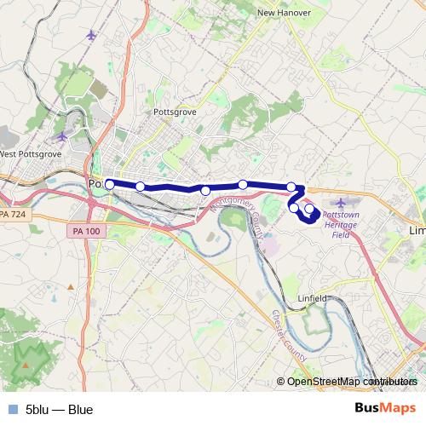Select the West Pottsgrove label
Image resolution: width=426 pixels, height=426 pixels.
click(x=31, y=154)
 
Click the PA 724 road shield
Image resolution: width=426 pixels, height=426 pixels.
click(x=14, y=216)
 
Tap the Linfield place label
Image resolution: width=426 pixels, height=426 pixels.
click(x=312, y=298)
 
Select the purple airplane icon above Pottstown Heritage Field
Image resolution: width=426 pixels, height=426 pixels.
click(x=343, y=202)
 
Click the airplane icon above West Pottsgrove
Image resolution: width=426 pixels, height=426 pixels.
click(x=60, y=136)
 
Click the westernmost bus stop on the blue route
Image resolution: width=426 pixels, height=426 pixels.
click(x=110, y=183)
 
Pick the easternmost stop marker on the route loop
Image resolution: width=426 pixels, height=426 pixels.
click(x=309, y=208)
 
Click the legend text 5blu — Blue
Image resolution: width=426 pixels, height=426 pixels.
click(x=59, y=409)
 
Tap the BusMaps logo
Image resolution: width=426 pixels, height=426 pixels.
click(x=385, y=408)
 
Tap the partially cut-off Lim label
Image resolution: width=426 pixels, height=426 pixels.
click(x=417, y=231)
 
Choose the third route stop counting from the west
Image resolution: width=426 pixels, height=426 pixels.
click(x=205, y=190)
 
